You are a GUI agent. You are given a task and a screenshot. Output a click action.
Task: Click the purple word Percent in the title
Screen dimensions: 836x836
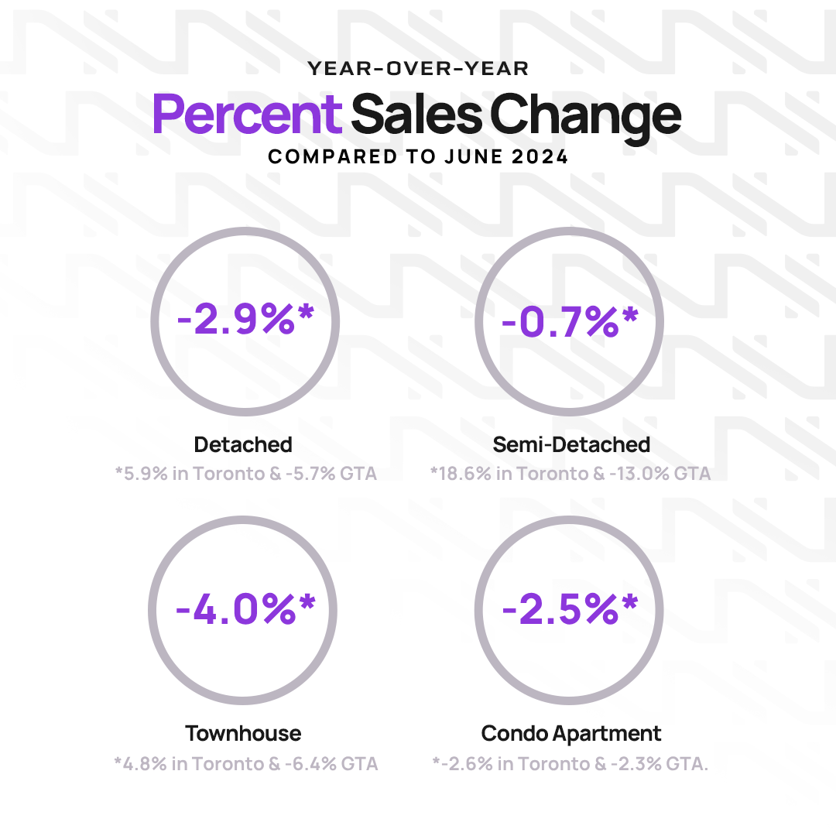247,115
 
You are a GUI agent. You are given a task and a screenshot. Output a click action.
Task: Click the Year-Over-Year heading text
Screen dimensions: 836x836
418,69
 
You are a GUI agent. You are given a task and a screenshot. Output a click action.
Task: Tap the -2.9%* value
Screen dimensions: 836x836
246,320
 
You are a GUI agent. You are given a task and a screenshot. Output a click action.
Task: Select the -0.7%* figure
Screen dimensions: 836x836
570,320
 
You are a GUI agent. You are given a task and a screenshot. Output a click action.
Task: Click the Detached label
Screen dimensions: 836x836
243,445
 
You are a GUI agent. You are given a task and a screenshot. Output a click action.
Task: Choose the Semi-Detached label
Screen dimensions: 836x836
571,445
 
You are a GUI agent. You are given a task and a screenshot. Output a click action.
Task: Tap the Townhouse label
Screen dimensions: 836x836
243,733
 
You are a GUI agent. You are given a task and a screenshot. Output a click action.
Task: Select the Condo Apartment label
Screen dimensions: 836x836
571,733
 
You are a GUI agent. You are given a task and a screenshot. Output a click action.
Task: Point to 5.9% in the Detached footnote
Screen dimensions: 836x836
146,473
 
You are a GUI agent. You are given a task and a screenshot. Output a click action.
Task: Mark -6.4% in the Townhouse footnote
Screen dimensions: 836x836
315,764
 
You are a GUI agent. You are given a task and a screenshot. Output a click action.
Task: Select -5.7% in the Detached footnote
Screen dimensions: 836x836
314,473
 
